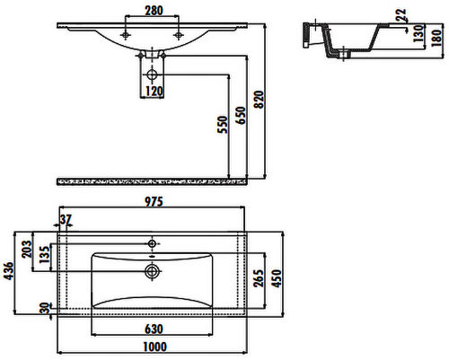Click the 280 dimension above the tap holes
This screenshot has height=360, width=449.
tap(154, 11)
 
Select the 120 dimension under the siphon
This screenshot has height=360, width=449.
tap(154, 92)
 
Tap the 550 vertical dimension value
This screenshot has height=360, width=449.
tap(223, 125)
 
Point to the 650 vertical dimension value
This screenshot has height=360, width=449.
tap(241, 115)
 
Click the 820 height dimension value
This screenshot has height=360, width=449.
tap(259, 100)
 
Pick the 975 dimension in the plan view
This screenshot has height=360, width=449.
tap(154, 202)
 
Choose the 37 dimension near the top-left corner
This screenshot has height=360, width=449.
tap(66, 219)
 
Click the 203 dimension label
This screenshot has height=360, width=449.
tap(27, 249)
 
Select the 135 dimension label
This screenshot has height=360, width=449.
tap(45, 255)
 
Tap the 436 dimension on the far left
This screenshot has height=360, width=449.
tap(9, 271)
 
